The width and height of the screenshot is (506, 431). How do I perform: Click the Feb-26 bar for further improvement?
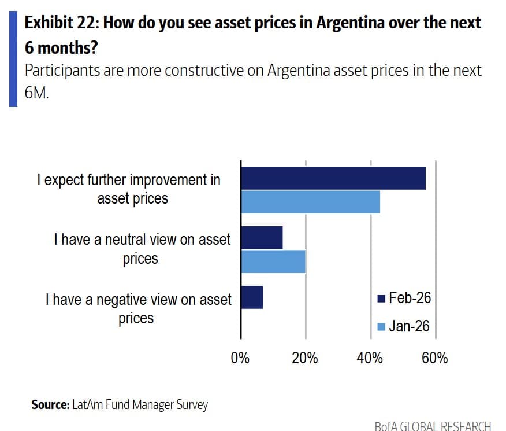click(x=333, y=178)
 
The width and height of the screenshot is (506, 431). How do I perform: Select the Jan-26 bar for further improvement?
click(x=310, y=201)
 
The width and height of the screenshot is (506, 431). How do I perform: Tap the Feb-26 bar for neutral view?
click(x=262, y=238)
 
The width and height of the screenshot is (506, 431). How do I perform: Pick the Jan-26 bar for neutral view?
click(x=273, y=261)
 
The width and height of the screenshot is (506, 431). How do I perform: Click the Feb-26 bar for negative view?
click(x=252, y=297)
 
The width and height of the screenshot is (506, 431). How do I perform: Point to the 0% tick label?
click(x=240, y=358)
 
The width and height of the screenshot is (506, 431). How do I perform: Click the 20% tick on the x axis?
click(x=305, y=358)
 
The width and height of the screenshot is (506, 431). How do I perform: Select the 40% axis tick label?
click(x=370, y=358)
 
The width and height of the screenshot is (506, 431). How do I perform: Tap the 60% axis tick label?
click(x=434, y=358)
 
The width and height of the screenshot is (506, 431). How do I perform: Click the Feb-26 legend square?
click(x=381, y=299)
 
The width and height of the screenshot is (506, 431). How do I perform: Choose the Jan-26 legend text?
click(x=409, y=326)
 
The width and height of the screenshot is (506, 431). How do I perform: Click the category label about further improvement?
click(x=129, y=189)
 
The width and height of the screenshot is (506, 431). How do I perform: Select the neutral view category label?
click(x=142, y=249)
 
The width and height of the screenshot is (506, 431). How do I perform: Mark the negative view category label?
click(x=138, y=308)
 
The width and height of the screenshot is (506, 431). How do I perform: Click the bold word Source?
click(x=50, y=405)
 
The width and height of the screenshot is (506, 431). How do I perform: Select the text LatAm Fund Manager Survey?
click(x=140, y=405)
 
